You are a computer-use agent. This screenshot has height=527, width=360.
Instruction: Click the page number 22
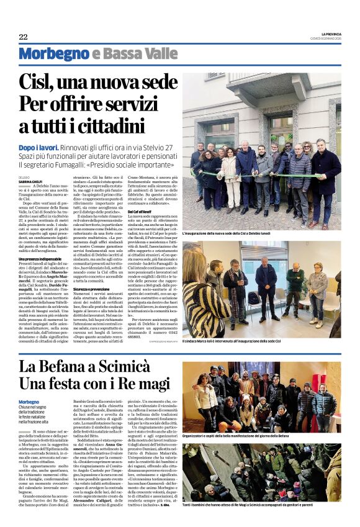tap(23, 37)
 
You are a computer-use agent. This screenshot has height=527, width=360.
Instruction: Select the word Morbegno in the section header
tap(53, 54)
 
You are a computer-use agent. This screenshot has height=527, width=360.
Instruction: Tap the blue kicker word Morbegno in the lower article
tap(29, 402)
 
